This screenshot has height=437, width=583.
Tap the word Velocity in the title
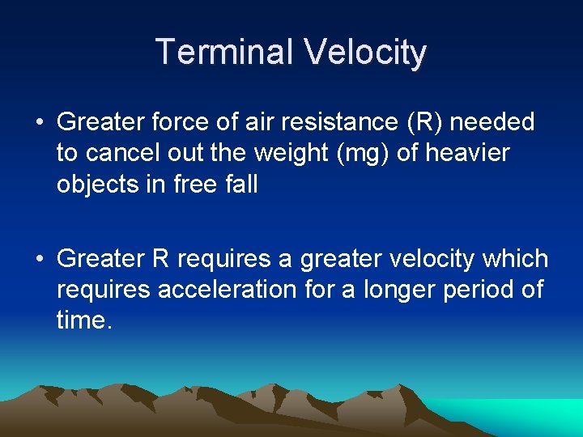pyautogui.click(x=365, y=53)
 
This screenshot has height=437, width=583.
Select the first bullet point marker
pyautogui.click(x=40, y=123)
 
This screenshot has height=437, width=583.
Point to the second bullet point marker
pyautogui.click(x=40, y=260)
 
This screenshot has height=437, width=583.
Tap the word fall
pyautogui.click(x=241, y=184)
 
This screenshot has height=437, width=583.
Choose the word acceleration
pyautogui.click(x=228, y=290)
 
